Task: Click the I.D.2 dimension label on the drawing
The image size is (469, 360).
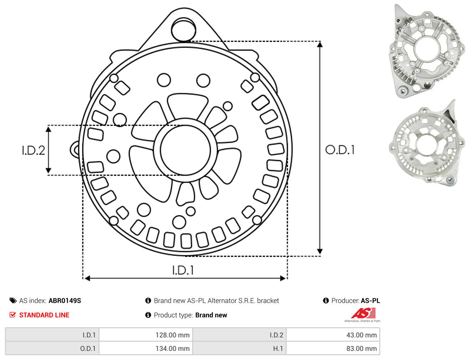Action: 33,151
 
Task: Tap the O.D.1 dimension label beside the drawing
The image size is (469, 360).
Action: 340,150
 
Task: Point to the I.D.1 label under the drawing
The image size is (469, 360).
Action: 183,270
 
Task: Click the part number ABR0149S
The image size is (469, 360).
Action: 65,301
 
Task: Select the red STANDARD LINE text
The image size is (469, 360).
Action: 44,315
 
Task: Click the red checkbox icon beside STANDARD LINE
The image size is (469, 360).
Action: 12,315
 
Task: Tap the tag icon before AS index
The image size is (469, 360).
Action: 13,301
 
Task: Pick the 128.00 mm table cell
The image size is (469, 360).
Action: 146,335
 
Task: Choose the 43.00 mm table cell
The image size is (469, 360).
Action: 333,335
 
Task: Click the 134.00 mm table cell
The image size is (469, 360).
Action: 146,348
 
